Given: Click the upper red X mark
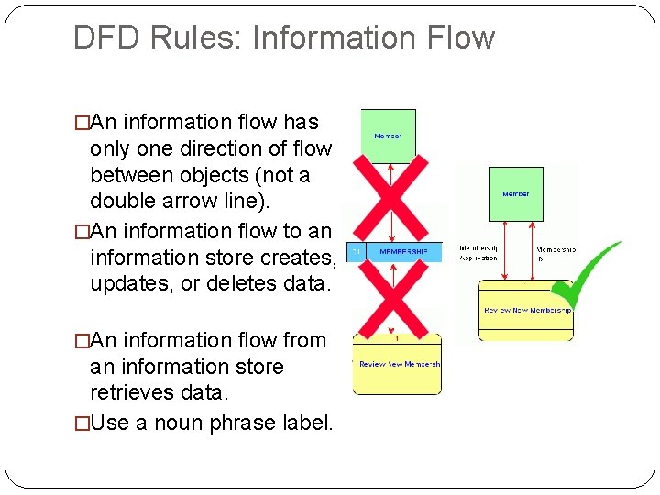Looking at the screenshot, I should click(390, 197).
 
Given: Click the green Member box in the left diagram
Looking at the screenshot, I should click(388, 137).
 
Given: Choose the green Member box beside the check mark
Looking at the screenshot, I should click(515, 193).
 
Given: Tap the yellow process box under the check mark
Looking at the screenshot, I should click(525, 311).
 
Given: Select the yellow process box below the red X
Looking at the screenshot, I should click(397, 364).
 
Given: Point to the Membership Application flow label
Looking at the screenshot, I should click(478, 253).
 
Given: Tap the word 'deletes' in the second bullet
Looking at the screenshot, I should click(242, 284).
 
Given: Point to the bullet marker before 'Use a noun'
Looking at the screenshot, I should click(82, 423).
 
